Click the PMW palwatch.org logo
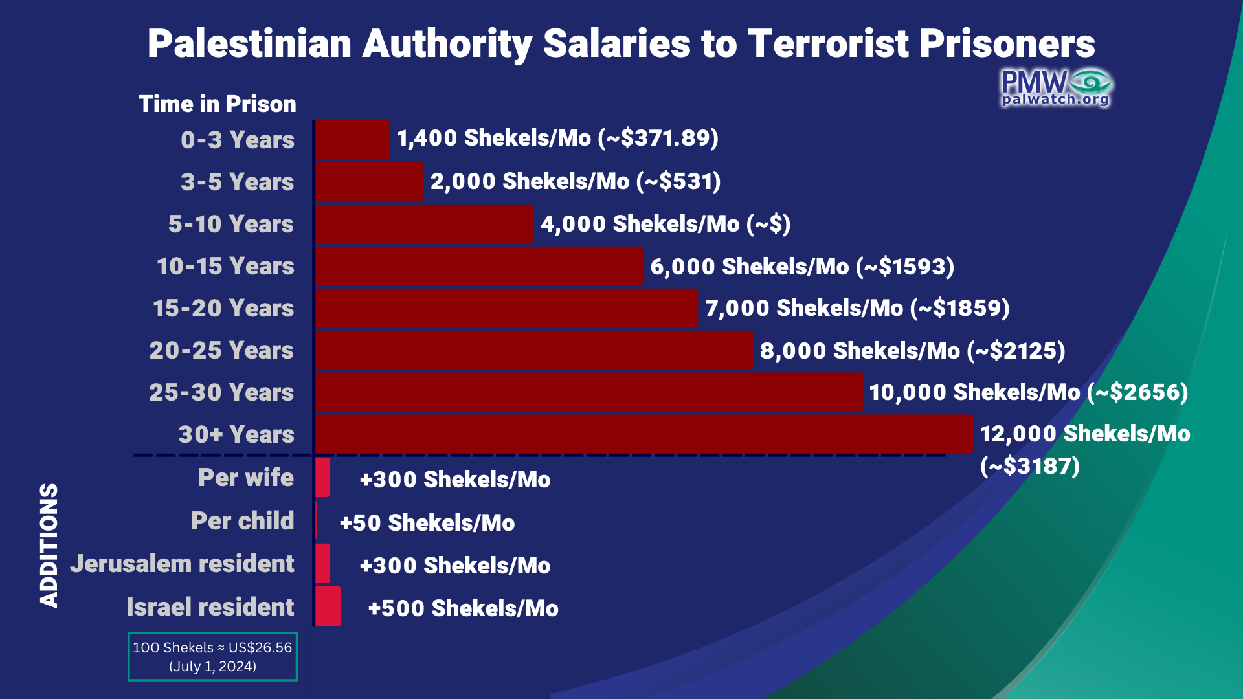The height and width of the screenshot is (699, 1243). pos(1055,88)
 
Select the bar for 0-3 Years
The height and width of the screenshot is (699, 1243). pos(353,139)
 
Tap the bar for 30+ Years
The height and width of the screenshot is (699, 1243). pos(644,434)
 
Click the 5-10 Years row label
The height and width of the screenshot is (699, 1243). pos(230,224)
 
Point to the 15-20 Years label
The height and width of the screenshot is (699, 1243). pos(223,308)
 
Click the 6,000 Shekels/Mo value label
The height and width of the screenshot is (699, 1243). pos(801,267)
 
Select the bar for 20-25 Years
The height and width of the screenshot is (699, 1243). pos(534,350)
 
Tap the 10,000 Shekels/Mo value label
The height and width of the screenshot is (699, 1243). pos(1028,392)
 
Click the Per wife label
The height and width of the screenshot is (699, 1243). pos(245,478)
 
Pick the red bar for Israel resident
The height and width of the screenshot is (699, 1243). pos(328,606)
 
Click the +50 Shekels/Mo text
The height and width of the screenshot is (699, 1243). pos(427,523)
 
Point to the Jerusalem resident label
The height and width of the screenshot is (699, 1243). pos(182,564)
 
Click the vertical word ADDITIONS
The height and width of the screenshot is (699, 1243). pos(49,545)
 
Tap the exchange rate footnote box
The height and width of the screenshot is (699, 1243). pos(212,656)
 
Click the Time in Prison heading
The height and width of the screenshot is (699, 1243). pos(217,104)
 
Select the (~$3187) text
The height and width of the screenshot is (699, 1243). pos(1029,466)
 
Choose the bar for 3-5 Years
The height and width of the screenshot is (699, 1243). pos(369,182)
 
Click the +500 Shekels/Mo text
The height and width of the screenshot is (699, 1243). pos(463,608)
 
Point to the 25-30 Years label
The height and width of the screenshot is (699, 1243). pos(221,392)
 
